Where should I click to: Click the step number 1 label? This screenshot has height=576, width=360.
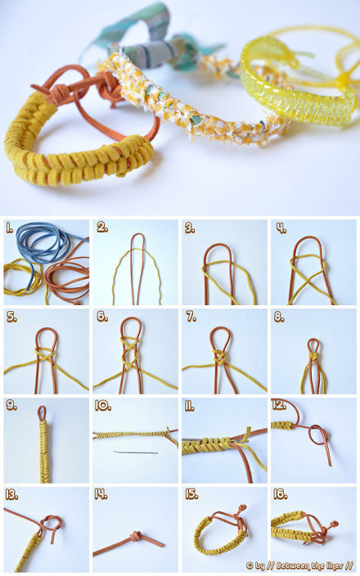(9, 228)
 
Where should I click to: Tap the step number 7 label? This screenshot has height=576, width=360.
(191, 317)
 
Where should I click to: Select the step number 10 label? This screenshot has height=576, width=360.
(103, 406)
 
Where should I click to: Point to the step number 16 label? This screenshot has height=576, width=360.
(281, 494)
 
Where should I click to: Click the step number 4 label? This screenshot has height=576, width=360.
(281, 228)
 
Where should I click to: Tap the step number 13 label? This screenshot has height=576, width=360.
(11, 495)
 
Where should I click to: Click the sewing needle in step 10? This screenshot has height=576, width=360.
(135, 452)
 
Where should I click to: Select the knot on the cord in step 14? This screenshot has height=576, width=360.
(137, 534)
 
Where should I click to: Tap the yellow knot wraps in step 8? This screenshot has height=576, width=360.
(313, 357)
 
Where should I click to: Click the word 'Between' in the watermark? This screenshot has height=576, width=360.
(293, 565)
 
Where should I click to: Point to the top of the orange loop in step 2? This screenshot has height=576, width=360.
(137, 234)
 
